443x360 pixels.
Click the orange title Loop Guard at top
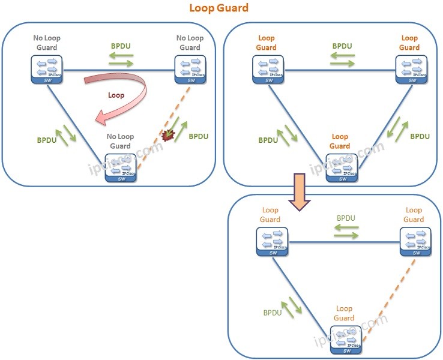218,8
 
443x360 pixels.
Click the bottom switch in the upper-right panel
340,166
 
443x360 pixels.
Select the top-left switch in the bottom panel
271,241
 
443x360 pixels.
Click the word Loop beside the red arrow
116,95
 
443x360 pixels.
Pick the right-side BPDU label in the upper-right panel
420,136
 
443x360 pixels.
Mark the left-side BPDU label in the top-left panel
47,139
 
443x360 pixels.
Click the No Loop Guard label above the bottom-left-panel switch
119,141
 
